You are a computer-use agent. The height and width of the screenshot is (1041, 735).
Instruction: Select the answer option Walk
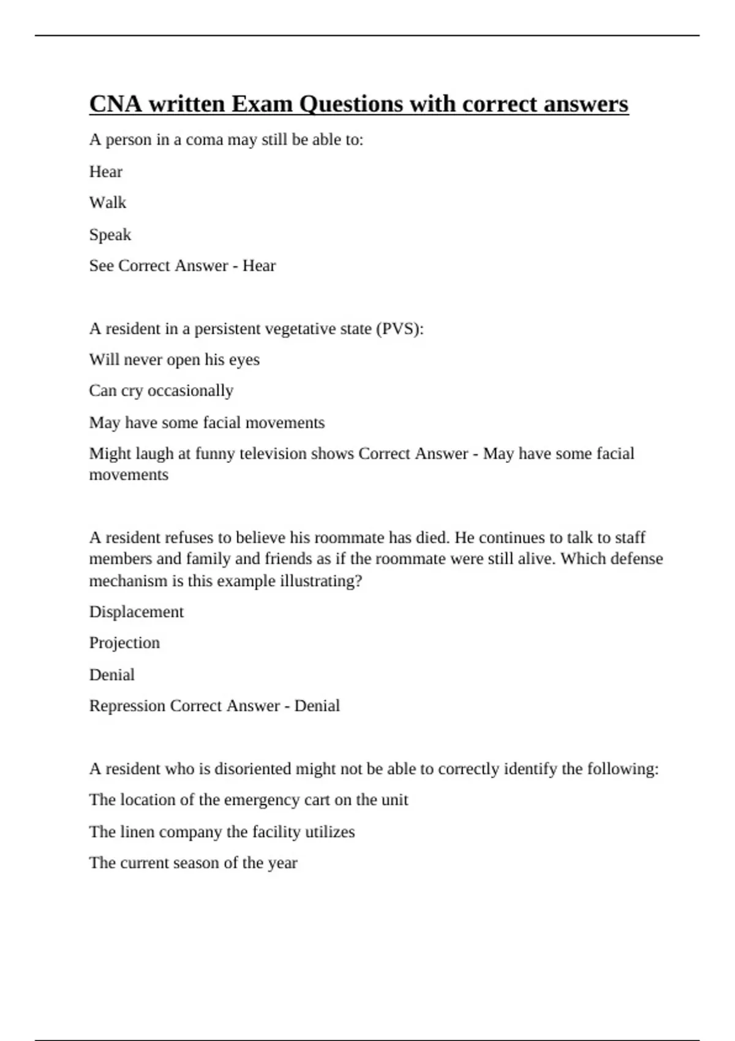(108, 203)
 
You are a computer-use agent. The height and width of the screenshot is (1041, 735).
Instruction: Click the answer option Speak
(110, 235)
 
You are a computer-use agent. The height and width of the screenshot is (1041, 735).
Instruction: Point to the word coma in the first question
(204, 140)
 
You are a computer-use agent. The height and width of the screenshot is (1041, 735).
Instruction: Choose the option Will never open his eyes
(175, 359)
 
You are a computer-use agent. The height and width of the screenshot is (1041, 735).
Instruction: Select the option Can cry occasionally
(161, 391)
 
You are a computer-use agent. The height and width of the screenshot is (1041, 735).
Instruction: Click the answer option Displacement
(137, 612)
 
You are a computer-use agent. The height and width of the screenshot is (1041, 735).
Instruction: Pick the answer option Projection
(124, 643)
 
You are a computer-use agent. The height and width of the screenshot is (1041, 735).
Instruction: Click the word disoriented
(252, 769)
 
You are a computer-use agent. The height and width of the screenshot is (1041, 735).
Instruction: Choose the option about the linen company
(222, 832)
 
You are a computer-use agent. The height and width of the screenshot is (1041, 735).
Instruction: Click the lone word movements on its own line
(129, 475)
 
